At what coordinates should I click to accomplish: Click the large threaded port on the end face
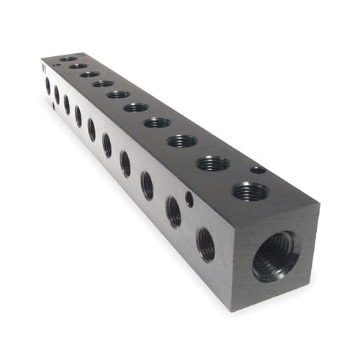[x=276, y=255]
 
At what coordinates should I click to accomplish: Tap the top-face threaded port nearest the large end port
[x=250, y=192]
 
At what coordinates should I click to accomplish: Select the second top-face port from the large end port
[x=212, y=163]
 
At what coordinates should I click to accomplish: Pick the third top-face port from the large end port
[x=182, y=141]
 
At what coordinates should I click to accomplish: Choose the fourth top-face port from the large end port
[x=157, y=122]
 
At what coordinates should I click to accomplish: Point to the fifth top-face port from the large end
[x=135, y=107]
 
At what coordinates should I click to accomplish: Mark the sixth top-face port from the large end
[x=118, y=94]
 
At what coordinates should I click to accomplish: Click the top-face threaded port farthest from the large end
[x=68, y=58]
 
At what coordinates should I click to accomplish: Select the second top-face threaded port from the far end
[x=78, y=66]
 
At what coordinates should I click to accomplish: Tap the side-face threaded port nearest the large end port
[x=205, y=243]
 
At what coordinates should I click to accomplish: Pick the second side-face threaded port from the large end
[x=174, y=212]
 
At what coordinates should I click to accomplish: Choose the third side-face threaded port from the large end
[x=147, y=185]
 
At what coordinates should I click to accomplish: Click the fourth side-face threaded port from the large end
[x=125, y=163]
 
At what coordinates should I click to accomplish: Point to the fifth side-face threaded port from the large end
[x=107, y=145]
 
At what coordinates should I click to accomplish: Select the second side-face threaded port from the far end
[x=57, y=95]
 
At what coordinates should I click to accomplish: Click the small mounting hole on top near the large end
[x=257, y=170]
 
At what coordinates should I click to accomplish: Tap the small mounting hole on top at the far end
[x=56, y=66]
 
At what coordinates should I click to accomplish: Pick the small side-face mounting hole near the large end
[x=189, y=198]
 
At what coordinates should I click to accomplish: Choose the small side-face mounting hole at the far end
[x=53, y=107]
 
